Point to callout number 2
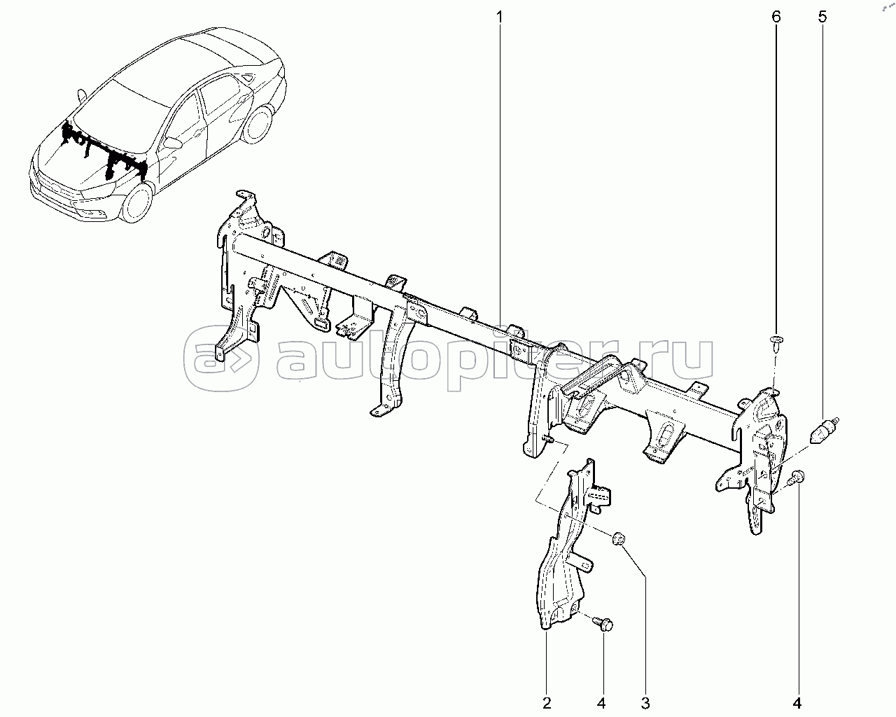(x=547, y=702)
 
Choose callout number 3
(x=646, y=702)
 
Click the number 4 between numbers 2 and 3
(x=602, y=702)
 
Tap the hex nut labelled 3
(x=618, y=538)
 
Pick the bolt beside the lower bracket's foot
(x=603, y=622)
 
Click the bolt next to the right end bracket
(x=797, y=478)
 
